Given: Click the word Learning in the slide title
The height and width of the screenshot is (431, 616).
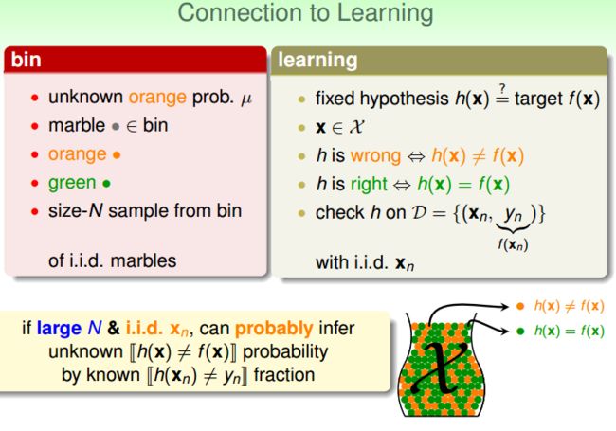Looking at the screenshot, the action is click(x=385, y=14).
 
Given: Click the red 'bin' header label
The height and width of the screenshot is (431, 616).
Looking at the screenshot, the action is click(x=26, y=60).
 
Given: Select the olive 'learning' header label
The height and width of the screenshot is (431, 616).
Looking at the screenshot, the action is click(x=317, y=61).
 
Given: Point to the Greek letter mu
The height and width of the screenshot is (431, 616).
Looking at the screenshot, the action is click(x=246, y=99).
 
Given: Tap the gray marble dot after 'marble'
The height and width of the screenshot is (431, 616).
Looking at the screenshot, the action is click(x=116, y=127).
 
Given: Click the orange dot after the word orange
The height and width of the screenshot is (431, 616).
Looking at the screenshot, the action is click(x=117, y=155).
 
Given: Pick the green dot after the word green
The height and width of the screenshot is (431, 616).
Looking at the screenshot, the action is click(x=106, y=184).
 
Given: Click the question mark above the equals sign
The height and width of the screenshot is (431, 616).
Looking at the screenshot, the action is click(x=502, y=88).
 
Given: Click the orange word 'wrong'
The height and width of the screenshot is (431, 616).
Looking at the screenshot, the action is click(x=375, y=156).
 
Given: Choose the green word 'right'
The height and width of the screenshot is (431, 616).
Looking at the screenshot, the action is click(x=369, y=184).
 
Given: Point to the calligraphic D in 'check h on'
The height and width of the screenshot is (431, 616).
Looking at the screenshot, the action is click(x=419, y=213).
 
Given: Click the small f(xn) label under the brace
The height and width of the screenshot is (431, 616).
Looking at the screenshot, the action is click(x=513, y=244).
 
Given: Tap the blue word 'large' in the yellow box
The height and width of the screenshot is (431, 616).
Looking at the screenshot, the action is click(x=59, y=328).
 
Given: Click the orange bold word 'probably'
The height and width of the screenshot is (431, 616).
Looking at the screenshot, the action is click(x=274, y=329).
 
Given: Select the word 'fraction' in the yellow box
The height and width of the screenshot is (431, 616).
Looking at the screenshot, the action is click(x=284, y=375).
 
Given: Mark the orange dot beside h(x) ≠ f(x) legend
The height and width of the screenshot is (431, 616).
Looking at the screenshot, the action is click(x=520, y=306).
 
